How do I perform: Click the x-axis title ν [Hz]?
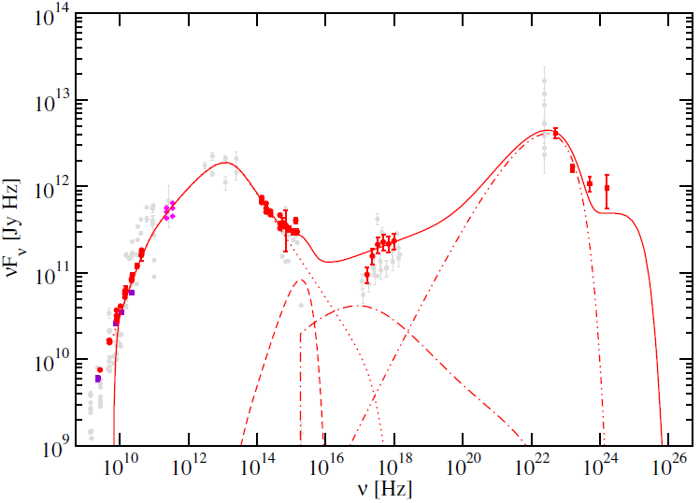(x=384, y=489)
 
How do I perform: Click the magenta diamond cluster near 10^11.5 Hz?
(x=169, y=211)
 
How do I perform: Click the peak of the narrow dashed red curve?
(x=301, y=280)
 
